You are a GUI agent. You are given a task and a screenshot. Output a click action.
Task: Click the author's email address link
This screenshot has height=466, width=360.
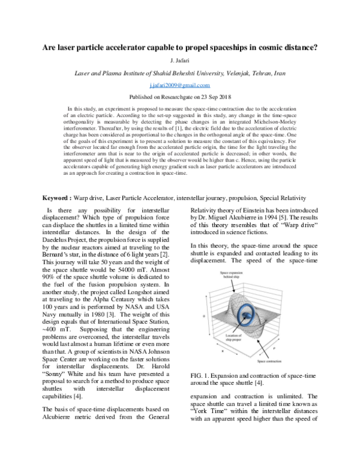(x=179, y=86)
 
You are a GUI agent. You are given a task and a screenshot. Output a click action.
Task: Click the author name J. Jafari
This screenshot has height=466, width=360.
(x=179, y=62)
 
